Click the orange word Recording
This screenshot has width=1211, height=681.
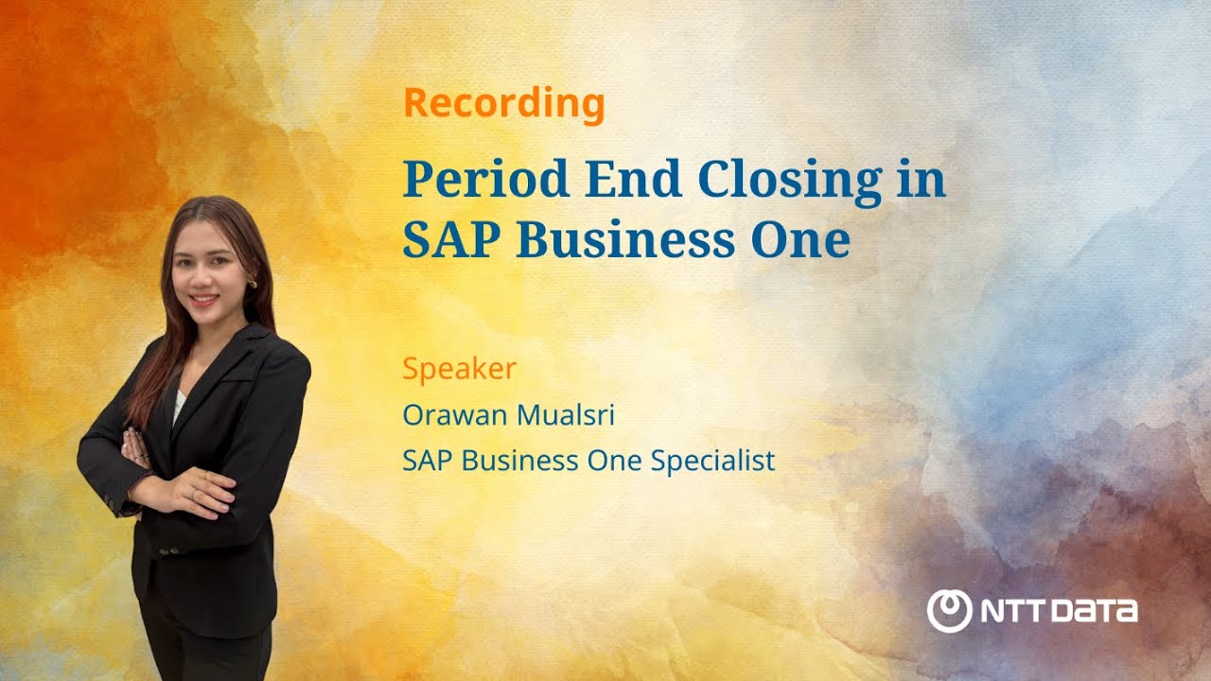503,103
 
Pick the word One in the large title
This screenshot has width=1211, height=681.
799,240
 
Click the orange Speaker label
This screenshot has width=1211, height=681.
459,369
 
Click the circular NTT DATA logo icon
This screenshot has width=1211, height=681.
949,610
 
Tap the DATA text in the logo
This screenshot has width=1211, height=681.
1096,611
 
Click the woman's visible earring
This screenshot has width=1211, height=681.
253,281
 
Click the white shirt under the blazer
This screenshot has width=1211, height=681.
179,405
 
